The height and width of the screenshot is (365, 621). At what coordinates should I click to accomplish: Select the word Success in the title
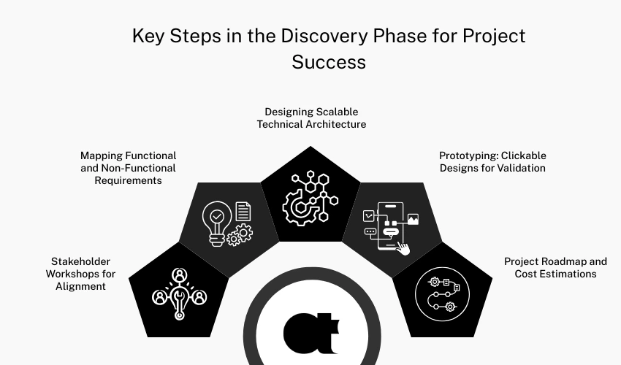(329, 62)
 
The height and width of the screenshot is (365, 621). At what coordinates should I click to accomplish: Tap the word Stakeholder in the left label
(80, 261)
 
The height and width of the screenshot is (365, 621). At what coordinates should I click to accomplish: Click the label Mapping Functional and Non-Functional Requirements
(128, 168)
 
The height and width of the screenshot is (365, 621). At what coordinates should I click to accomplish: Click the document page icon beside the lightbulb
(243, 212)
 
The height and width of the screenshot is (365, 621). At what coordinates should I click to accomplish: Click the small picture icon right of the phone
(413, 218)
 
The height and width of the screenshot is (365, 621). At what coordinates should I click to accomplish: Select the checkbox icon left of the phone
(369, 215)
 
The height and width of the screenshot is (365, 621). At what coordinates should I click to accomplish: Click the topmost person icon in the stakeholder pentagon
(179, 276)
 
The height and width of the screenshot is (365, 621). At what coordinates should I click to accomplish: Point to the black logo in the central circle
(310, 332)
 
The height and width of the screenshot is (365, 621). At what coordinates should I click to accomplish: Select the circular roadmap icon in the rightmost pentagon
(441, 293)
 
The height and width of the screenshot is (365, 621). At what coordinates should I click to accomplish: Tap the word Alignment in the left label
(80, 286)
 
